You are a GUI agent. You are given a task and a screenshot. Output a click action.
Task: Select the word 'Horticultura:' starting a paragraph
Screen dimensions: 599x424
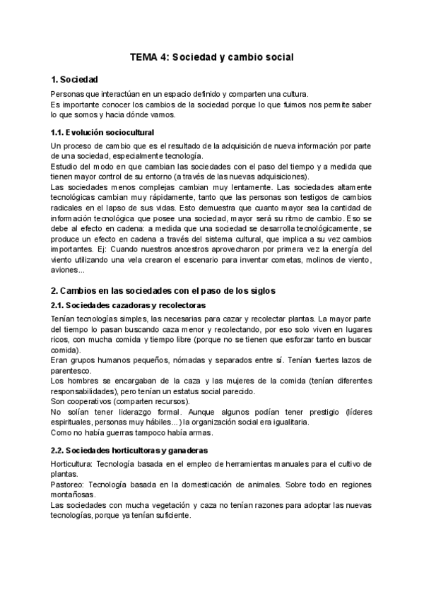point(75,464)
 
